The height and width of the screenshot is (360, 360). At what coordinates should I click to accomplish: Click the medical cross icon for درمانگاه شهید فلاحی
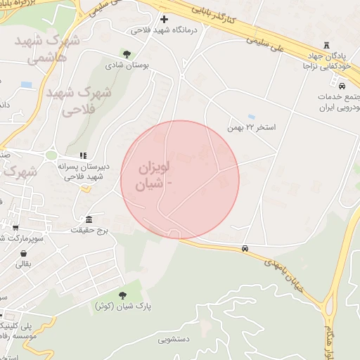165,19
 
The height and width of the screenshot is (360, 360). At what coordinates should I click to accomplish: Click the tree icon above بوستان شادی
127,53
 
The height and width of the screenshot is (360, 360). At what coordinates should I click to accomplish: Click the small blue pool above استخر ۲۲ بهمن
251,117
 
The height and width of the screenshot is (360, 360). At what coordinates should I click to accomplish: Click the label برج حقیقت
89,230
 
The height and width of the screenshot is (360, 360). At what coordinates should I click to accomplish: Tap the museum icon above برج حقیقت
89,219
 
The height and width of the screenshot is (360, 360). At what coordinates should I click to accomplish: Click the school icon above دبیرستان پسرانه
83,155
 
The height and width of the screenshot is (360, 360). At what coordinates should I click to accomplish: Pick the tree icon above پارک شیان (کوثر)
123,295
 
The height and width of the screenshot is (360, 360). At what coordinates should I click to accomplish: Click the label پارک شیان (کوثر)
124,307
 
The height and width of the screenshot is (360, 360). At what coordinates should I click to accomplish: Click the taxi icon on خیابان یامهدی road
244,249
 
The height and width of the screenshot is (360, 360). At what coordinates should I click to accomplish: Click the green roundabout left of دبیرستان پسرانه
51,155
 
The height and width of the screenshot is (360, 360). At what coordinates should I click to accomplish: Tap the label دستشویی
174,340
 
